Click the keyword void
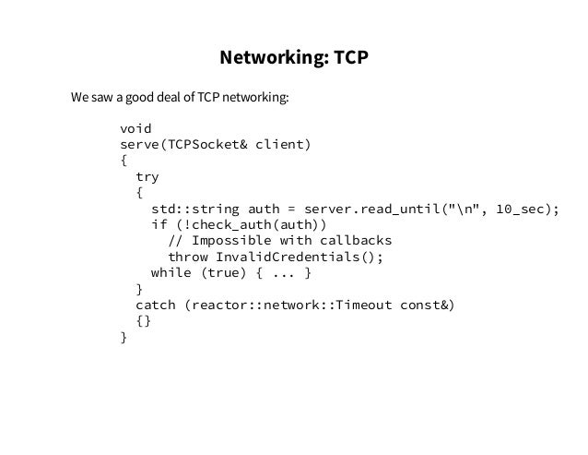(x=135, y=128)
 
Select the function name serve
(x=139, y=145)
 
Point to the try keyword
(x=147, y=176)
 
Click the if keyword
(x=159, y=224)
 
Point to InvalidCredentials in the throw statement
(x=287, y=257)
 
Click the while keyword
(x=171, y=273)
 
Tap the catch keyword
(x=155, y=305)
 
